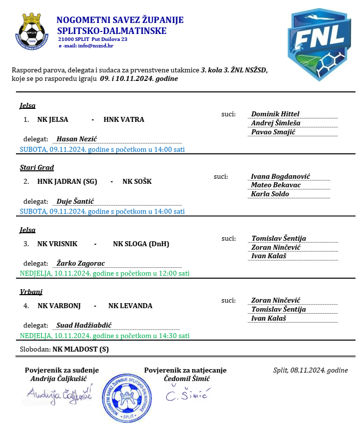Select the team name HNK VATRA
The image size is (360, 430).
[124, 120]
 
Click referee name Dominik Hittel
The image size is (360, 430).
[275, 114]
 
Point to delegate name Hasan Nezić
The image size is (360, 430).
[76, 139]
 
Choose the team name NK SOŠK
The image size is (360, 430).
[137, 182]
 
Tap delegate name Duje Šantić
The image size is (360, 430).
[75, 202]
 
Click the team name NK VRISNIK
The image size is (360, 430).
[57, 244]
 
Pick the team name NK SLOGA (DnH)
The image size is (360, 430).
[141, 244]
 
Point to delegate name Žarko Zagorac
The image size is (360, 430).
[80, 264]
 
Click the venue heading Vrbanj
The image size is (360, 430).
[30, 292]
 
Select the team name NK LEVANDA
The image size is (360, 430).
[130, 306]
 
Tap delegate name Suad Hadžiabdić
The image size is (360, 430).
[84, 326]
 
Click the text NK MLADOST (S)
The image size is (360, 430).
[80, 350]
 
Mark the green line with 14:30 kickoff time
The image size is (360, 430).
[104, 336]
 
